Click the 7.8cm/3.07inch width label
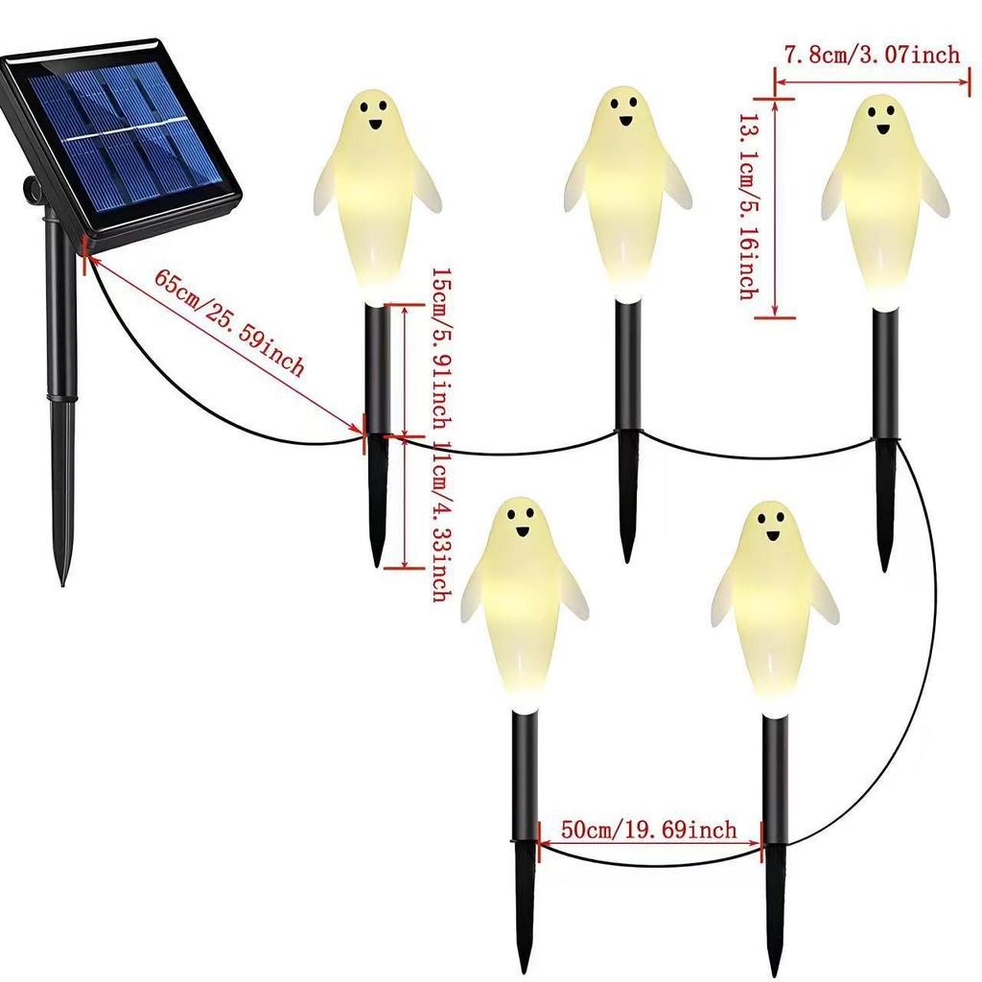click(872, 54)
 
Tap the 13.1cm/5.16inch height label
click(749, 207)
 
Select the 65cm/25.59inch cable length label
click(230, 322)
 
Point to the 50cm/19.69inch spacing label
click(649, 830)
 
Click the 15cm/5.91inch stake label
click(442, 348)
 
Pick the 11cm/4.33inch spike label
click(442, 521)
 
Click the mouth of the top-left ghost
click(375, 124)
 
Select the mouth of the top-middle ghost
click(625, 120)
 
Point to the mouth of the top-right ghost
click(883, 129)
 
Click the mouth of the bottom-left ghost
click(523, 532)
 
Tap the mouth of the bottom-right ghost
click(772, 535)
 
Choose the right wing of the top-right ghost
click(936, 193)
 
